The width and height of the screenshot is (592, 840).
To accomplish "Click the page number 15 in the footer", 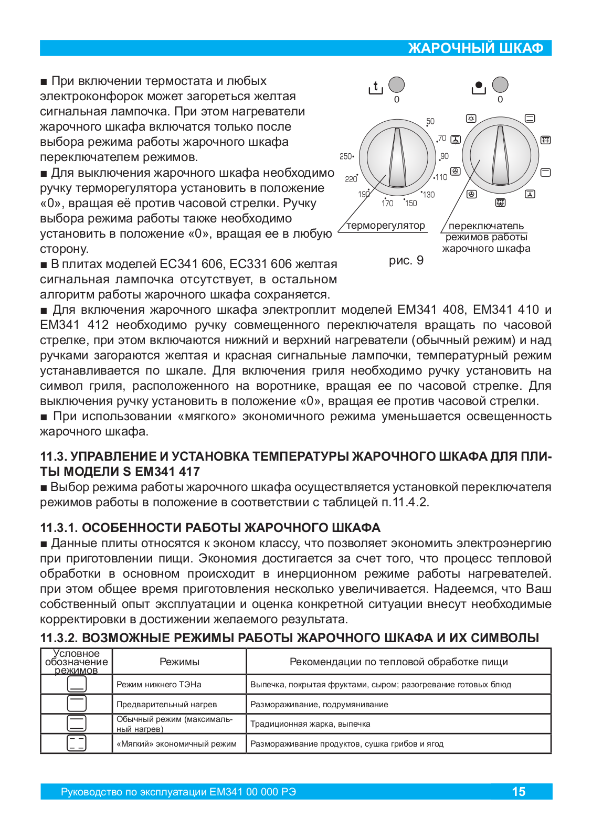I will (x=519, y=792).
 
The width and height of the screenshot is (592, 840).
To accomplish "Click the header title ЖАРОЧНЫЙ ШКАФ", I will (x=475, y=48).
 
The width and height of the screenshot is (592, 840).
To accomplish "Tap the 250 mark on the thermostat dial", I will (x=346, y=156).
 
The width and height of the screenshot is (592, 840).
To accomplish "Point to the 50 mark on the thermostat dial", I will (x=430, y=121).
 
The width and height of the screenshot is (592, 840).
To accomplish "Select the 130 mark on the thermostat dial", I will (x=429, y=195).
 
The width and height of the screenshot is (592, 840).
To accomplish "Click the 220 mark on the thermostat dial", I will (x=351, y=179).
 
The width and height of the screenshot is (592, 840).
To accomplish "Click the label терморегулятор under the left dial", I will (x=386, y=226).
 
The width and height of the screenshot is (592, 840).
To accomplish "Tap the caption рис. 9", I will (x=406, y=261).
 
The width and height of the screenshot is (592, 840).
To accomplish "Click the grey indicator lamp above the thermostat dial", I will (x=396, y=84).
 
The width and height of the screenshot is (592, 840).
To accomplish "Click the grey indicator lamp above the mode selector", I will (x=500, y=84).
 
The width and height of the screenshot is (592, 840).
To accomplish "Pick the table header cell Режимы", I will (x=179, y=662).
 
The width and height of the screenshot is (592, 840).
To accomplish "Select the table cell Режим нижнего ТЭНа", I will (x=159, y=685).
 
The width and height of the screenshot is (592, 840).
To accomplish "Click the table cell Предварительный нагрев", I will (x=166, y=705).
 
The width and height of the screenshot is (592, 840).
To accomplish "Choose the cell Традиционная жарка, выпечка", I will (x=310, y=724).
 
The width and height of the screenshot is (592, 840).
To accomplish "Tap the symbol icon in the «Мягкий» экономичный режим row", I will (x=77, y=743).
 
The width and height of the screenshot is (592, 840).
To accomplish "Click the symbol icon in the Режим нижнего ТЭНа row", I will (x=77, y=684).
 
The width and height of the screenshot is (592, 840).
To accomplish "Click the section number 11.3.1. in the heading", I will (x=59, y=528).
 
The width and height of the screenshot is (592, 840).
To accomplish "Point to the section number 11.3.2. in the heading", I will (x=59, y=638).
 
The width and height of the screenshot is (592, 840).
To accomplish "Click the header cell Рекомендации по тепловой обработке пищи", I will (x=398, y=662).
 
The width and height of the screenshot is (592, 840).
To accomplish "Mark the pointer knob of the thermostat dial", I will (x=397, y=156).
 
